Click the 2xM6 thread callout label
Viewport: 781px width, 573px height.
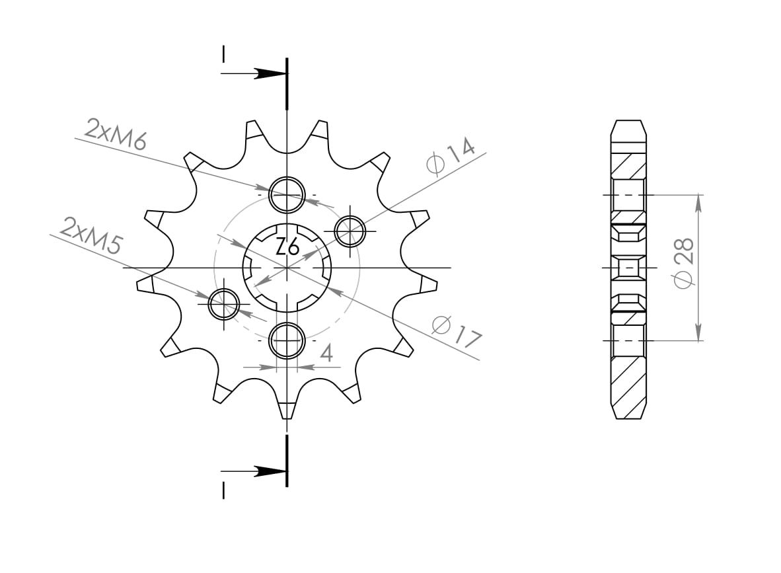(x=115, y=134)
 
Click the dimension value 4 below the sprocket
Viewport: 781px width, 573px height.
(x=326, y=354)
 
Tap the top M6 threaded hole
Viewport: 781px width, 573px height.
(x=287, y=194)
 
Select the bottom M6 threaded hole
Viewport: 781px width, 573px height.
(x=287, y=340)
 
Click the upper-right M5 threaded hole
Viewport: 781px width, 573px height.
(x=350, y=231)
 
